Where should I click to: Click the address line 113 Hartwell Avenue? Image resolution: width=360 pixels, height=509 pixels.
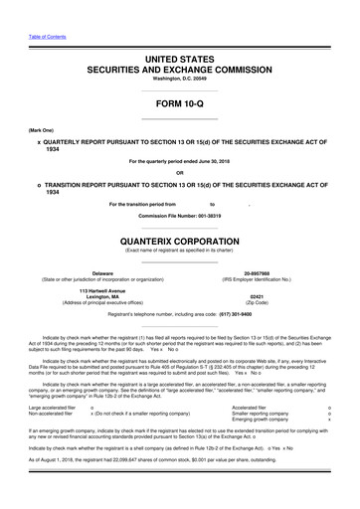coord(102,289)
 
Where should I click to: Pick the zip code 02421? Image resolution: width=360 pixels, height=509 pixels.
coord(258,296)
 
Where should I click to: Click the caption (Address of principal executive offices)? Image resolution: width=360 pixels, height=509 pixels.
coord(102,303)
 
